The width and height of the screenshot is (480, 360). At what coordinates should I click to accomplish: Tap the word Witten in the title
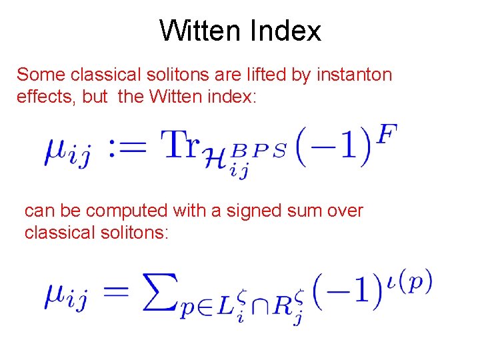(x=201, y=31)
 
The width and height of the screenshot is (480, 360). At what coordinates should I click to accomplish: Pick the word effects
(x=45, y=97)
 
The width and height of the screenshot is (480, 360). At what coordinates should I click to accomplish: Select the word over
(x=346, y=211)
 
